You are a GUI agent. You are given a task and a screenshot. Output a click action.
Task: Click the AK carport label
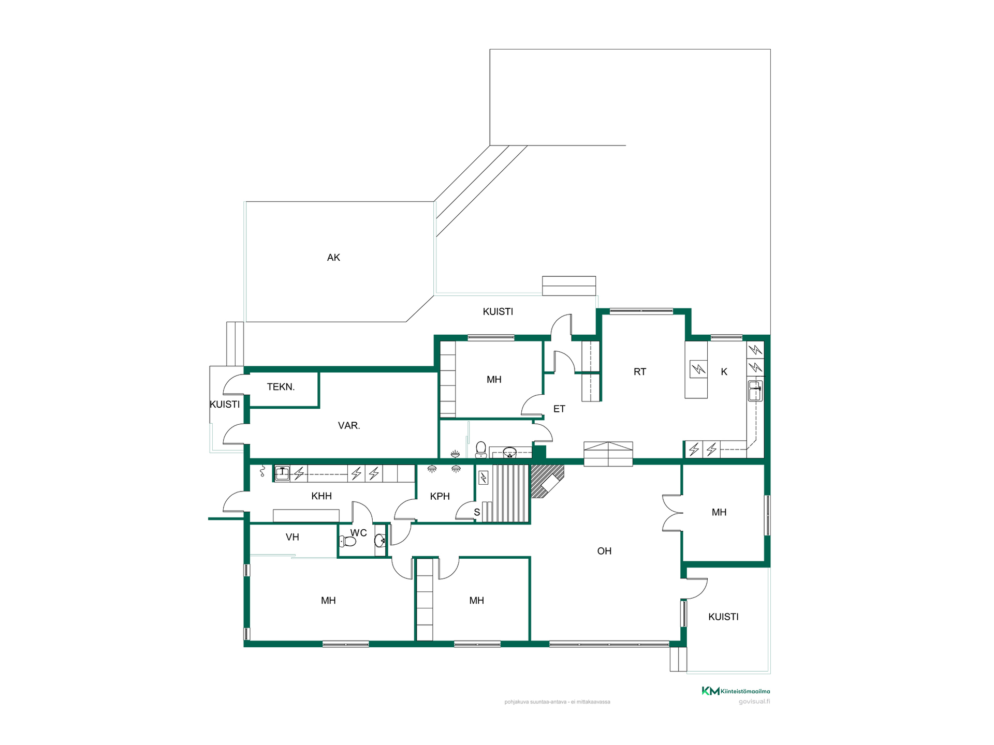[333, 258]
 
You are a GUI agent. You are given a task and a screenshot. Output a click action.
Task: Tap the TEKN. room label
[281, 387]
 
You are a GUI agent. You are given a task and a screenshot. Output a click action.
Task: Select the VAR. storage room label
[349, 426]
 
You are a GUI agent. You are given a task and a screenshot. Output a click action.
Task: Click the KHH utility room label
[321, 496]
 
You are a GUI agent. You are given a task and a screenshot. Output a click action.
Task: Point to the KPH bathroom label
[440, 496]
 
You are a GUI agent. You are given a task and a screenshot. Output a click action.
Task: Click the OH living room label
[604, 551]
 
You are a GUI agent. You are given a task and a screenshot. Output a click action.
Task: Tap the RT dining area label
[640, 372]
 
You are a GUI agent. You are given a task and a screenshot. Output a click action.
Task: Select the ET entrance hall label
[559, 409]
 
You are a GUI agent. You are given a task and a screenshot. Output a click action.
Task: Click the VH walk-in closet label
[293, 537]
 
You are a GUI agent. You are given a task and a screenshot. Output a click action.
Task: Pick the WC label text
[358, 533]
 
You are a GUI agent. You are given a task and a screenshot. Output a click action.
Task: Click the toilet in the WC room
[347, 542]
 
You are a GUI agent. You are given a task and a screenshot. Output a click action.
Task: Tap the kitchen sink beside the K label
[755, 391]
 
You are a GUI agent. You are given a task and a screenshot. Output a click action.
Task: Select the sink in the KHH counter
[282, 473]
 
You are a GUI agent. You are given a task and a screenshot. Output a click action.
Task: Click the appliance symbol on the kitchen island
[698, 369]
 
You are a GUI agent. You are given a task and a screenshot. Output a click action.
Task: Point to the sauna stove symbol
[484, 477]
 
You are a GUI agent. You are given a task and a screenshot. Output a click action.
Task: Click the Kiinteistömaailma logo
[736, 691]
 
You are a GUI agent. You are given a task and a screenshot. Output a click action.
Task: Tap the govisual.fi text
[754, 702]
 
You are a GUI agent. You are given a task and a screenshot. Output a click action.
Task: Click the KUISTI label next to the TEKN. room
[225, 405]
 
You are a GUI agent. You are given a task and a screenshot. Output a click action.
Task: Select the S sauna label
[477, 512]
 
